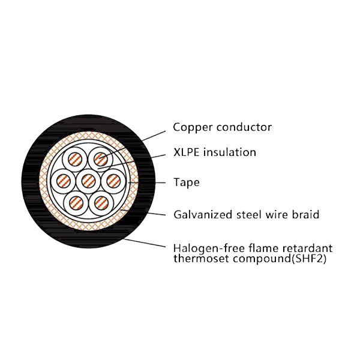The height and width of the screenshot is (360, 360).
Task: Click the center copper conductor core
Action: point(88,180)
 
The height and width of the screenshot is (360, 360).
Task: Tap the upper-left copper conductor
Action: point(76,160)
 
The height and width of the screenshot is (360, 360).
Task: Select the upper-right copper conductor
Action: point(100,160)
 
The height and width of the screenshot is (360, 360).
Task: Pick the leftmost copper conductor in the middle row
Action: point(64,180)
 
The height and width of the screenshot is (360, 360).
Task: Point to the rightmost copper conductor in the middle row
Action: point(112,180)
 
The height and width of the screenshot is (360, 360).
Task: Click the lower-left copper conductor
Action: point(76,201)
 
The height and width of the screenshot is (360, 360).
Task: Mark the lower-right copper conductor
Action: point(100,201)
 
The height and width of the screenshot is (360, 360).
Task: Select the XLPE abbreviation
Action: point(187,152)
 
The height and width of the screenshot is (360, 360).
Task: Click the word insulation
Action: point(230,152)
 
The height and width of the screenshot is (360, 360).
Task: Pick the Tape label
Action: point(186,182)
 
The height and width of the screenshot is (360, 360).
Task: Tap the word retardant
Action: point(308,248)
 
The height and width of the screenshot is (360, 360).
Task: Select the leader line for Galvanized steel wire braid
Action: point(153,212)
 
